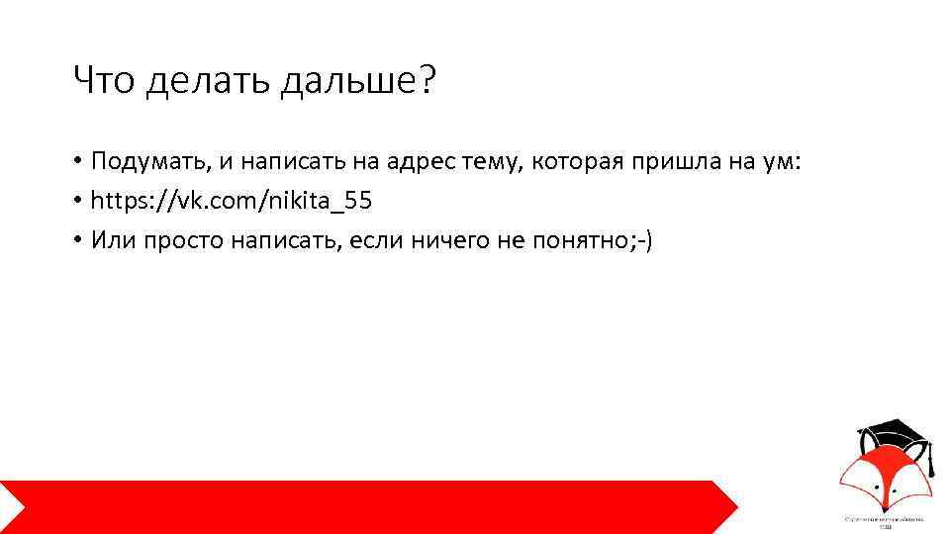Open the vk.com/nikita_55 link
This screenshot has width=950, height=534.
pyautogui.click(x=231, y=202)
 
